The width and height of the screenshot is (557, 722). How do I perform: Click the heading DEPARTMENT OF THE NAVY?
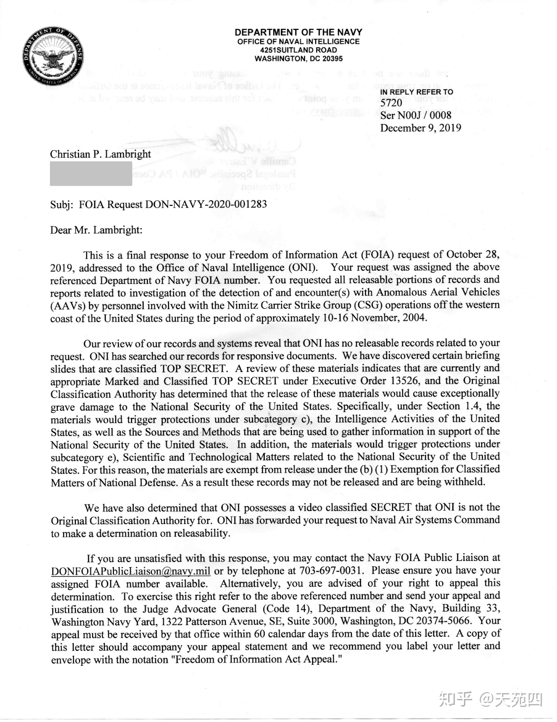(x=298, y=32)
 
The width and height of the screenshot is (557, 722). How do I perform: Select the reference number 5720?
(x=391, y=103)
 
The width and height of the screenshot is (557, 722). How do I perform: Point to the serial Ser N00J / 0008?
(x=415, y=116)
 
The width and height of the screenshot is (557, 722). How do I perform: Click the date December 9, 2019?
(x=420, y=128)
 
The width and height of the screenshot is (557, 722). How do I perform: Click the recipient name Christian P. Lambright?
(x=100, y=154)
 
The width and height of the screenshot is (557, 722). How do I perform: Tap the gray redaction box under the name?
(x=91, y=173)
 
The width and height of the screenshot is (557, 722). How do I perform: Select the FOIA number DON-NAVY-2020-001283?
(x=206, y=204)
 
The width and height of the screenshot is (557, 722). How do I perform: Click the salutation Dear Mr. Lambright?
(x=96, y=230)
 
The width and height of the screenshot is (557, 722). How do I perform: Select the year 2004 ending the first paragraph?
(x=413, y=318)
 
